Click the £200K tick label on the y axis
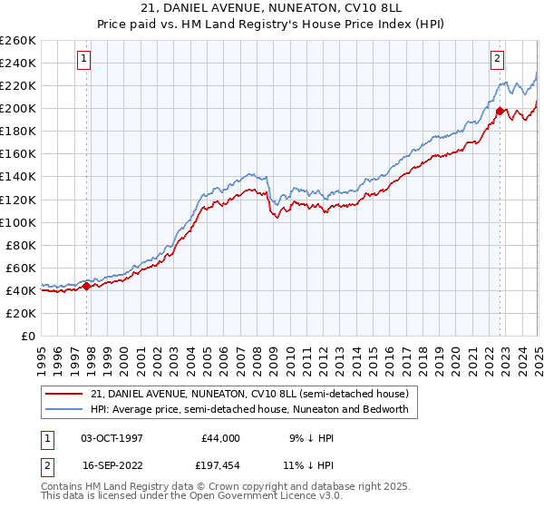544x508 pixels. (x=18, y=108)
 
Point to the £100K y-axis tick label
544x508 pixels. (x=18, y=222)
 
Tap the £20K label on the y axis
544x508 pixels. (x=22, y=313)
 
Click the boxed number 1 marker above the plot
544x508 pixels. (x=83, y=59)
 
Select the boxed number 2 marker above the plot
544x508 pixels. (x=498, y=59)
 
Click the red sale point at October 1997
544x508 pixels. (x=87, y=286)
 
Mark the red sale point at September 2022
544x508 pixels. (x=500, y=112)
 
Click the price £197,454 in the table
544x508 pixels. (x=223, y=465)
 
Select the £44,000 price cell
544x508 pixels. (x=220, y=438)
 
